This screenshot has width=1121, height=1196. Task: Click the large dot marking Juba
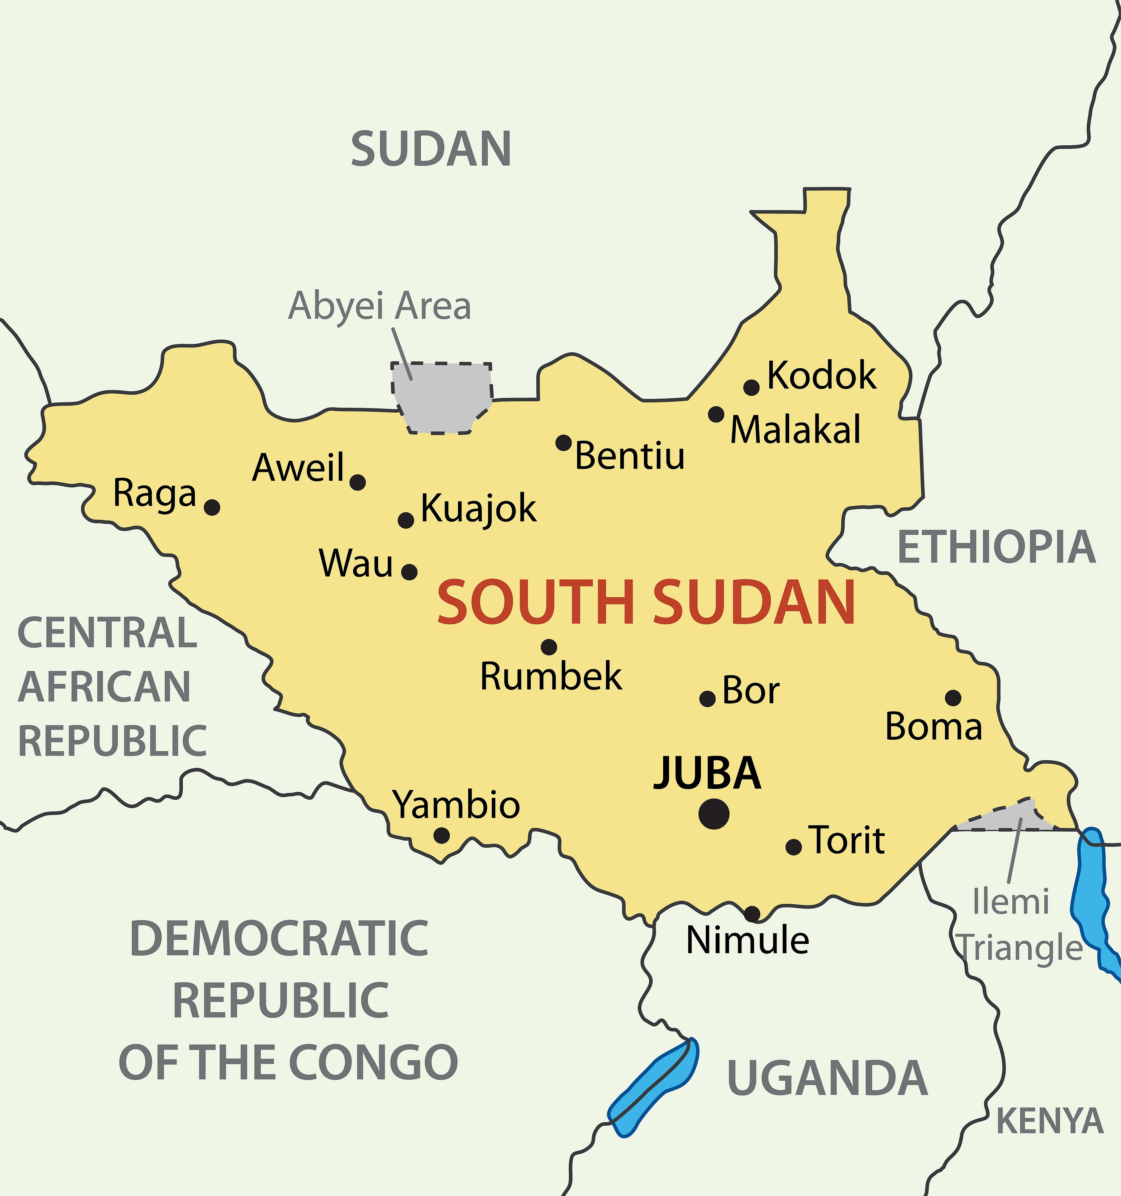click(x=714, y=814)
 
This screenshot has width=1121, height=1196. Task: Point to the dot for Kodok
click(x=751, y=388)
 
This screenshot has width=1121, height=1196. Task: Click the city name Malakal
click(x=795, y=430)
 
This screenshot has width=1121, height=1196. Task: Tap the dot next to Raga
click(x=212, y=507)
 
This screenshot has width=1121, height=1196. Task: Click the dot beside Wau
click(x=409, y=571)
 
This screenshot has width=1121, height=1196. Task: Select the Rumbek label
click(x=550, y=676)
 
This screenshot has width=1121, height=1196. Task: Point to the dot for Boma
click(x=953, y=698)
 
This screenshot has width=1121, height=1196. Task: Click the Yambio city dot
click(x=442, y=835)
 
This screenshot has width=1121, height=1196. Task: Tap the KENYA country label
click(x=1050, y=1120)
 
